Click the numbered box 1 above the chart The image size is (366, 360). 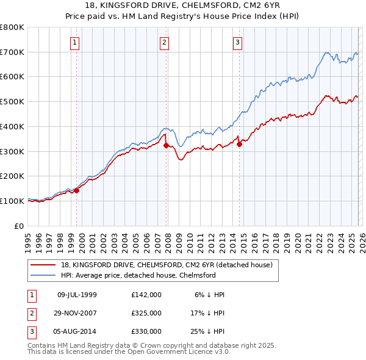(74, 42)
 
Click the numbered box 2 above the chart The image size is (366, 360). (165, 42)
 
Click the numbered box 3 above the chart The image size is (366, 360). (237, 42)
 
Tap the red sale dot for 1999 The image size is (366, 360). (77, 190)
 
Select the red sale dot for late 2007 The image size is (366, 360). (167, 145)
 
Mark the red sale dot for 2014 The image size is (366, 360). (239, 144)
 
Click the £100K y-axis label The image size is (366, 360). (13, 201)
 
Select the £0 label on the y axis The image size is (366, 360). (19, 226)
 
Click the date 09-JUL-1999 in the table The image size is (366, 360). (77, 295)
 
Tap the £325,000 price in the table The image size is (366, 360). (146, 313)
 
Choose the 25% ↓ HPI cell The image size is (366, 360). (207, 331)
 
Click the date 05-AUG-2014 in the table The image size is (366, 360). (77, 331)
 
